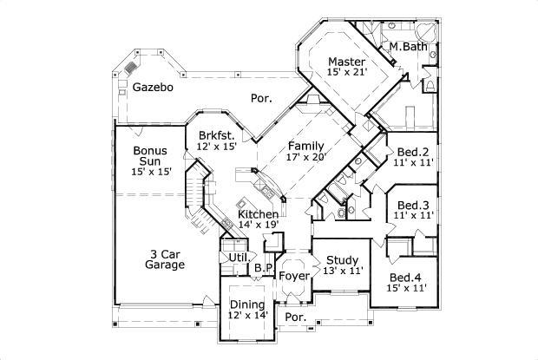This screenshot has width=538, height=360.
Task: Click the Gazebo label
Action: click(154, 88)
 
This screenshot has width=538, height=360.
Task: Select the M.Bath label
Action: click(408, 46)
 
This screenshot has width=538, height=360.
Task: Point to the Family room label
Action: click(307, 146)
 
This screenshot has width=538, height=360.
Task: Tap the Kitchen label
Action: click(259, 214)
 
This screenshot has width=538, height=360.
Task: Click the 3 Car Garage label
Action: click(165, 259)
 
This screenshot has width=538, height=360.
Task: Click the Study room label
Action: click(341, 259)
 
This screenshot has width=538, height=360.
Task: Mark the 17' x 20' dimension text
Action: click(307, 158)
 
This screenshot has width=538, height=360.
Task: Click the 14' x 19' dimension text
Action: click(259, 226)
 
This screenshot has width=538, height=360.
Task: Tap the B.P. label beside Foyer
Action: click(262, 270)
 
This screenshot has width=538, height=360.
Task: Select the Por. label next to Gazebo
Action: click(260, 99)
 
